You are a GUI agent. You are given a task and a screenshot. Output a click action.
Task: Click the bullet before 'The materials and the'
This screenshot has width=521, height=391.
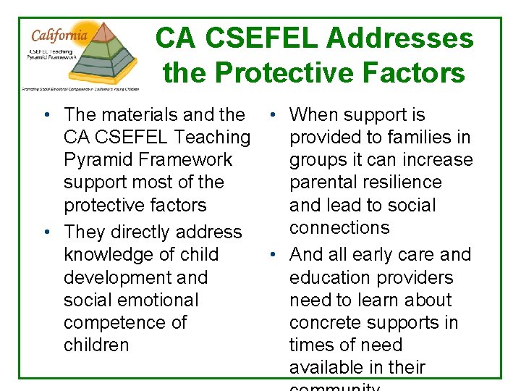click(x=46, y=114)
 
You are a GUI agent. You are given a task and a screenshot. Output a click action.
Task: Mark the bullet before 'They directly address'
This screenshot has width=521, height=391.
click(x=46, y=232)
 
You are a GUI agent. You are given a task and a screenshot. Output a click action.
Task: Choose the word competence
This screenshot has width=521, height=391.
click(x=114, y=322)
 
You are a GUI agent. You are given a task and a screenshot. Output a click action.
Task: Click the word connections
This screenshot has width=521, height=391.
click(x=339, y=227)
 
